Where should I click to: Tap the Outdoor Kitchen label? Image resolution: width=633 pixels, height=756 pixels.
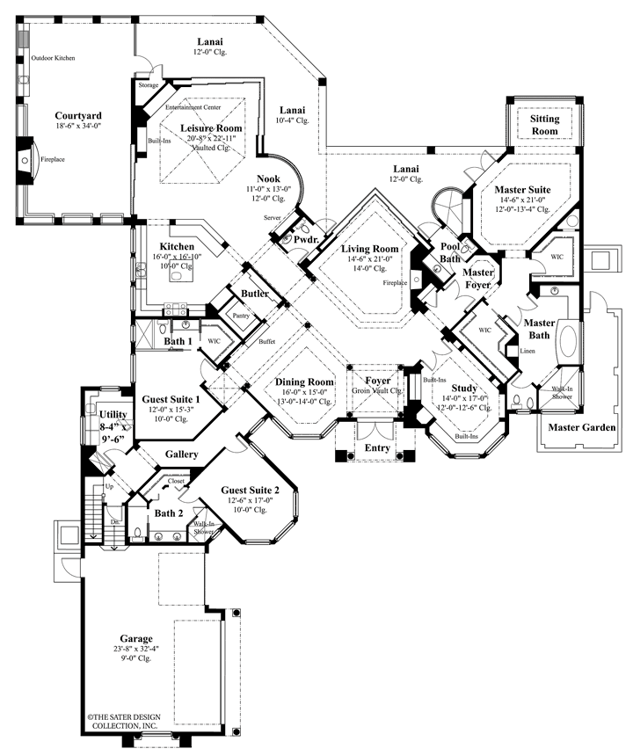[54, 58]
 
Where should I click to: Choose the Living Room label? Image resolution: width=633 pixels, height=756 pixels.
[370, 249]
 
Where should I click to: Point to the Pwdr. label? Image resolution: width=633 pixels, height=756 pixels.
[305, 238]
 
